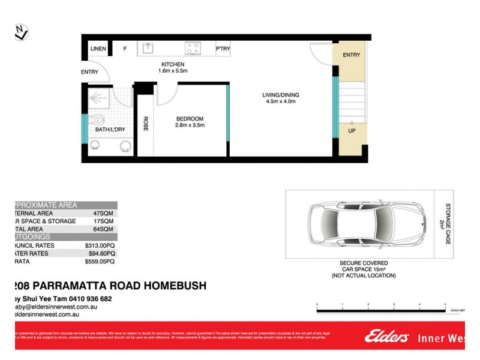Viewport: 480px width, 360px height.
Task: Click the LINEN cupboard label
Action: click(98, 49)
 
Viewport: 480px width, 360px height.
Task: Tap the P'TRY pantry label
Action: click(223, 49)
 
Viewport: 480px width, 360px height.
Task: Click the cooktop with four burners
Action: click(193, 48)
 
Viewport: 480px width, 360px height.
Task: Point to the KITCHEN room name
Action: click(172, 64)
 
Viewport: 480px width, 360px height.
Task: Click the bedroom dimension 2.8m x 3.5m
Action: click(190, 125)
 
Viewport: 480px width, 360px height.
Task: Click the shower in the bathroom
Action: click(99, 98)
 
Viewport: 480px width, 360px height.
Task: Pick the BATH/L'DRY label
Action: click(110, 130)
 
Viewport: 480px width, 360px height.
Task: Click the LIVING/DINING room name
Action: click(281, 95)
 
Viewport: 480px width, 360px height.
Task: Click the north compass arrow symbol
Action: click(21, 32)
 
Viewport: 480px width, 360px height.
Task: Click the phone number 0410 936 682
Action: click(90, 298)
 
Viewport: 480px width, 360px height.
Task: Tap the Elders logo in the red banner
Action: click(386, 337)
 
